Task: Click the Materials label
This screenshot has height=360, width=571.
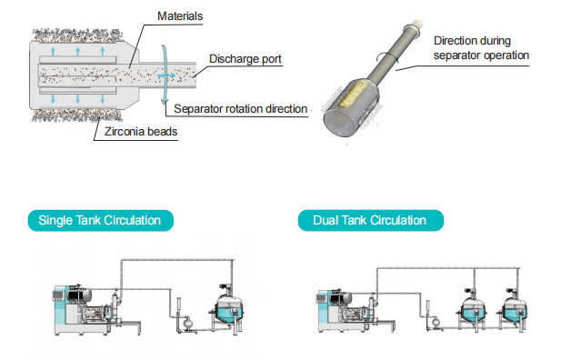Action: [180, 16]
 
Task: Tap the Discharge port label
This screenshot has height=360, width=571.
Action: [245, 58]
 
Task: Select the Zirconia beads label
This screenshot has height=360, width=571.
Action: [141, 132]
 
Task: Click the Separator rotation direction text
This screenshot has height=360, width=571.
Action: [240, 109]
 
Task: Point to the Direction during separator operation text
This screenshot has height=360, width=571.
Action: [481, 47]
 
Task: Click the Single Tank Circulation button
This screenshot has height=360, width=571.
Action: [101, 220]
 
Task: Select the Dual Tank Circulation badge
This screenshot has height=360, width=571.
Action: [371, 220]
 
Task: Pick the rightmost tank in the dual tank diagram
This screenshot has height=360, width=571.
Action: [514, 310]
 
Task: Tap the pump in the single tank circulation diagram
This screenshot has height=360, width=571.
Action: [186, 324]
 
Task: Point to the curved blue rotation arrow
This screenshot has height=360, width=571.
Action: [165, 75]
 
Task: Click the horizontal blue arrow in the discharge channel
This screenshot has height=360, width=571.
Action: [166, 75]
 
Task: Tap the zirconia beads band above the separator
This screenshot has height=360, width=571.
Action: [77, 35]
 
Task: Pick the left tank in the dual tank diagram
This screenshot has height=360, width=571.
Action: [472, 310]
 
